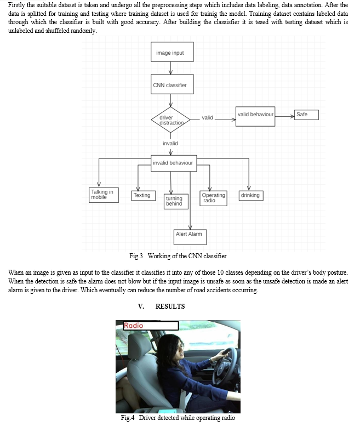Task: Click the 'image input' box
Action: pos(172,52)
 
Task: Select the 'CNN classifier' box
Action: pos(172,84)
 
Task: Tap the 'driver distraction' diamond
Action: pos(171,120)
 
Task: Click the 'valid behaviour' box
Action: pos(255,117)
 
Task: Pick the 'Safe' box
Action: pos(306,115)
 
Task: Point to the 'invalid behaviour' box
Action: pos(174,163)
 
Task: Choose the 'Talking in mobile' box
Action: pos(104,195)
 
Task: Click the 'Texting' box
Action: pos(144,196)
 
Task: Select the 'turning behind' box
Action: pos(176,202)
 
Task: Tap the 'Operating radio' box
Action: pos(213,198)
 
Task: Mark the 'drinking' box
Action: pos(251,196)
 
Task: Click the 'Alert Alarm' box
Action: pos(190,237)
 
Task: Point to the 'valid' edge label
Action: pos(207,118)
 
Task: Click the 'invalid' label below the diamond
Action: pos(170,144)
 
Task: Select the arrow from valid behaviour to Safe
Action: pos(285,117)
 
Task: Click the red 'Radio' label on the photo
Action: pos(133,326)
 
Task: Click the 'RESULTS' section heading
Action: pos(170,306)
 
